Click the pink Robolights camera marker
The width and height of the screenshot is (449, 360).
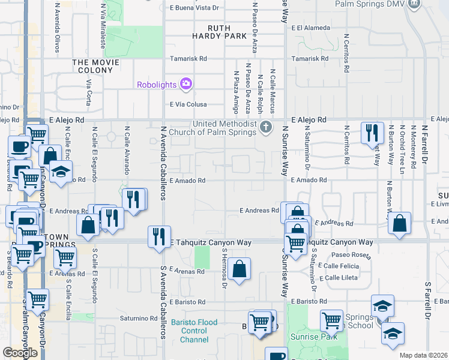[x=186, y=83]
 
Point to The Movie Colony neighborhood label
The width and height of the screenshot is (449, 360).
[x=92, y=66]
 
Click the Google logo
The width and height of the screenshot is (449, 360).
[x=20, y=353]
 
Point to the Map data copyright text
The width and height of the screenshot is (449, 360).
[x=424, y=355]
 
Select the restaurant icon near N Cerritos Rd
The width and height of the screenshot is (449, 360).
[x=372, y=132]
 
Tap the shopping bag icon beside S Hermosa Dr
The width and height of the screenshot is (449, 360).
[x=239, y=269]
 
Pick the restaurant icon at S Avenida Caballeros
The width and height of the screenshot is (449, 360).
[x=159, y=236]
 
